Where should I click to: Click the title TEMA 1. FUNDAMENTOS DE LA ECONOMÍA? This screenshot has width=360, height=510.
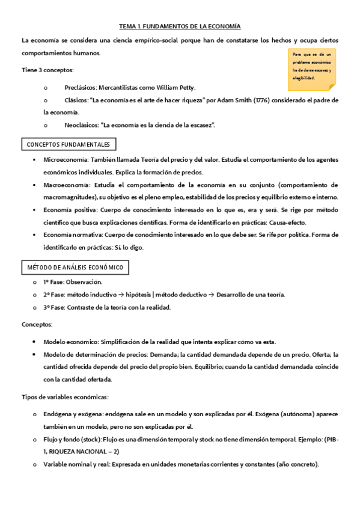(x=180, y=26)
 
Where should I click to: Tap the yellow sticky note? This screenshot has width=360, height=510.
(x=311, y=66)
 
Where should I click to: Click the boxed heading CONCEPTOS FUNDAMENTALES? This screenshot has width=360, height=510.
(x=69, y=145)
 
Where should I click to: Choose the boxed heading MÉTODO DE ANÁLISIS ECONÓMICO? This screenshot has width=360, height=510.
(x=75, y=267)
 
